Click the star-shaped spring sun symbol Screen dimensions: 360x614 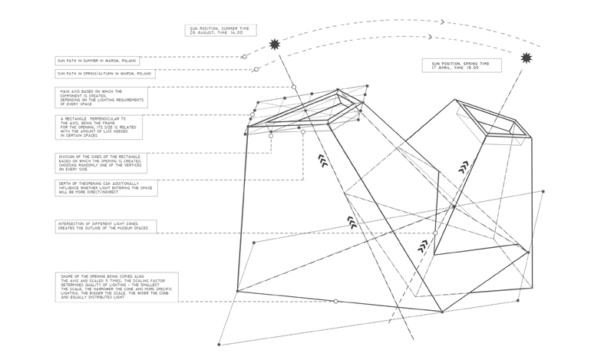tap(526, 58)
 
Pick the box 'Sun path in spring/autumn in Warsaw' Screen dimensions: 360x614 tap(105, 74)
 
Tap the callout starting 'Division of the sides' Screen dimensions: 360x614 tap(102, 162)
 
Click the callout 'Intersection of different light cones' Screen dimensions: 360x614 tap(106, 226)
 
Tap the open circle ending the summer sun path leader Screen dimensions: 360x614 tap(245, 57)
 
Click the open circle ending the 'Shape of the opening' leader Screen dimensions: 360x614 tap(336, 301)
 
